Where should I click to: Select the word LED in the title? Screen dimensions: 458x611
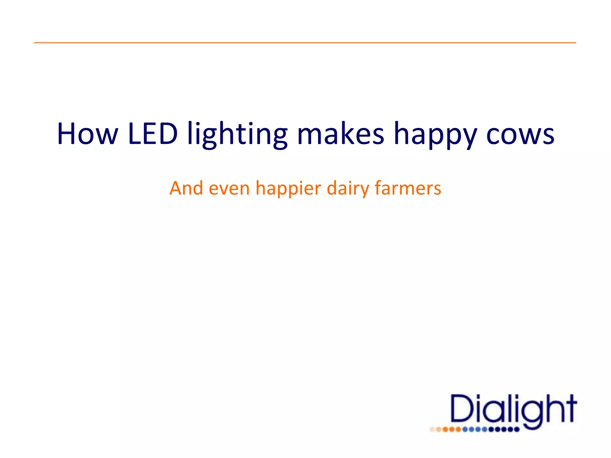click(x=153, y=134)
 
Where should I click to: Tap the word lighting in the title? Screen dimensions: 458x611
click(x=237, y=135)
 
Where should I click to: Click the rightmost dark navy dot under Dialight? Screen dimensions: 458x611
click(x=517, y=430)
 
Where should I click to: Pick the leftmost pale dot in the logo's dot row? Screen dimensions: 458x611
click(x=432, y=430)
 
